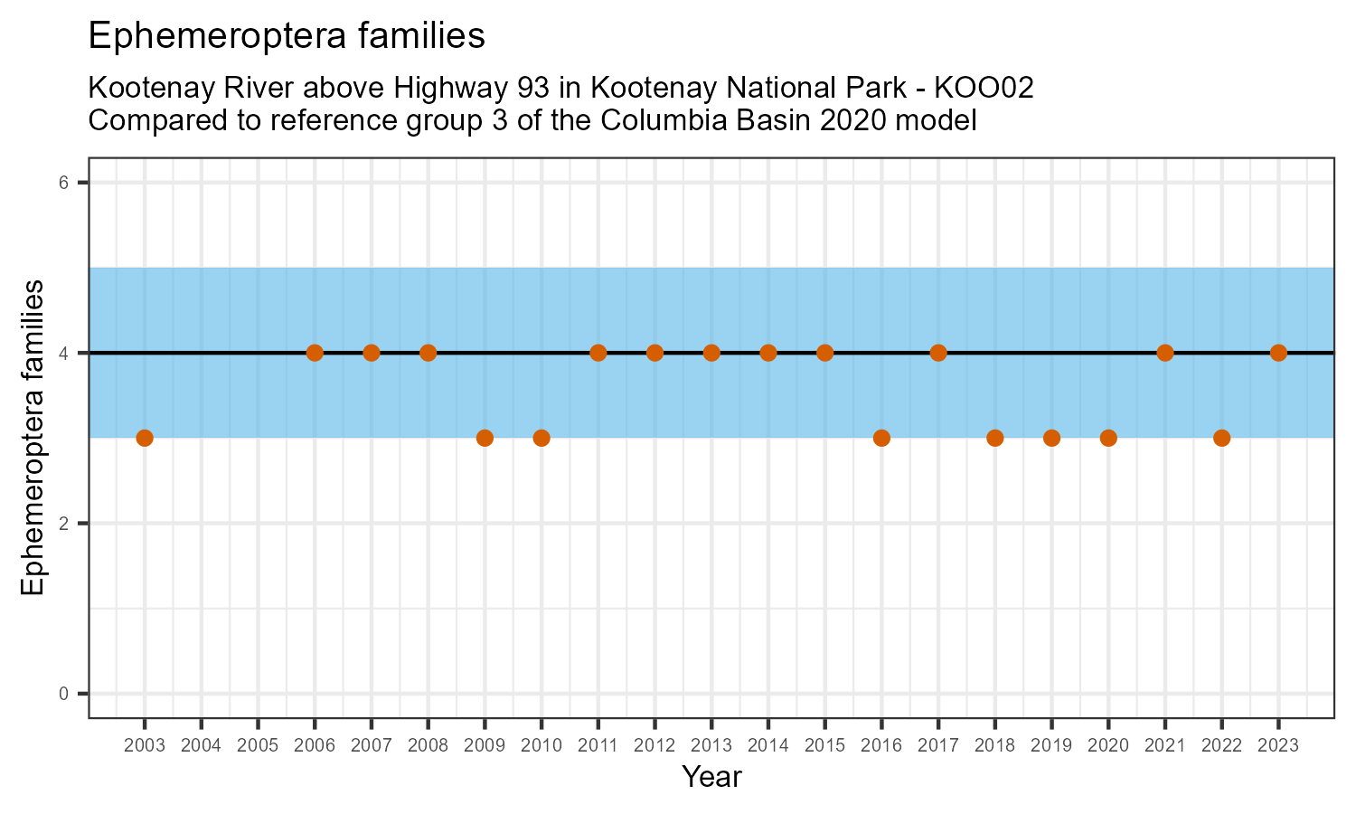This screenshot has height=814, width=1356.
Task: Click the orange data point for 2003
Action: point(145,438)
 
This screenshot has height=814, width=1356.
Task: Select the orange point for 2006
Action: point(315,353)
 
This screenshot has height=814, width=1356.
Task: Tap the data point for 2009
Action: point(485,438)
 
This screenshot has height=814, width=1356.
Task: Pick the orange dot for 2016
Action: point(881,438)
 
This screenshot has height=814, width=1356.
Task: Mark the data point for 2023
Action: point(1278,353)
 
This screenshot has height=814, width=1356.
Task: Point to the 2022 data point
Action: point(1221,438)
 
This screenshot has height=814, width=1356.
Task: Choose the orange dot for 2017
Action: point(938,353)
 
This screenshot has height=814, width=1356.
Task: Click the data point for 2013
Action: point(711,353)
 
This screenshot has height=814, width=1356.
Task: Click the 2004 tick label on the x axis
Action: point(201,746)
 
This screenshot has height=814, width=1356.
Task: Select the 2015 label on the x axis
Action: point(824,746)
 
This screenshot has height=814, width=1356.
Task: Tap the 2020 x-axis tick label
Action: point(1108,746)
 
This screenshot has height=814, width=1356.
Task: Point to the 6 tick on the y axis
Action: point(64,183)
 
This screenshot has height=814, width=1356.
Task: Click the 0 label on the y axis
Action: point(64,694)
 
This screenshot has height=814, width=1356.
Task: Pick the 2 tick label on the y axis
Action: point(64,524)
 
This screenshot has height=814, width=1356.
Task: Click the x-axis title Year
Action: point(711,776)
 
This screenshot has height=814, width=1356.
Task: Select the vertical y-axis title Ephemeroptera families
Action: point(33,438)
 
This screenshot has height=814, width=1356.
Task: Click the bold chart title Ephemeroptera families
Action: point(287,36)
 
